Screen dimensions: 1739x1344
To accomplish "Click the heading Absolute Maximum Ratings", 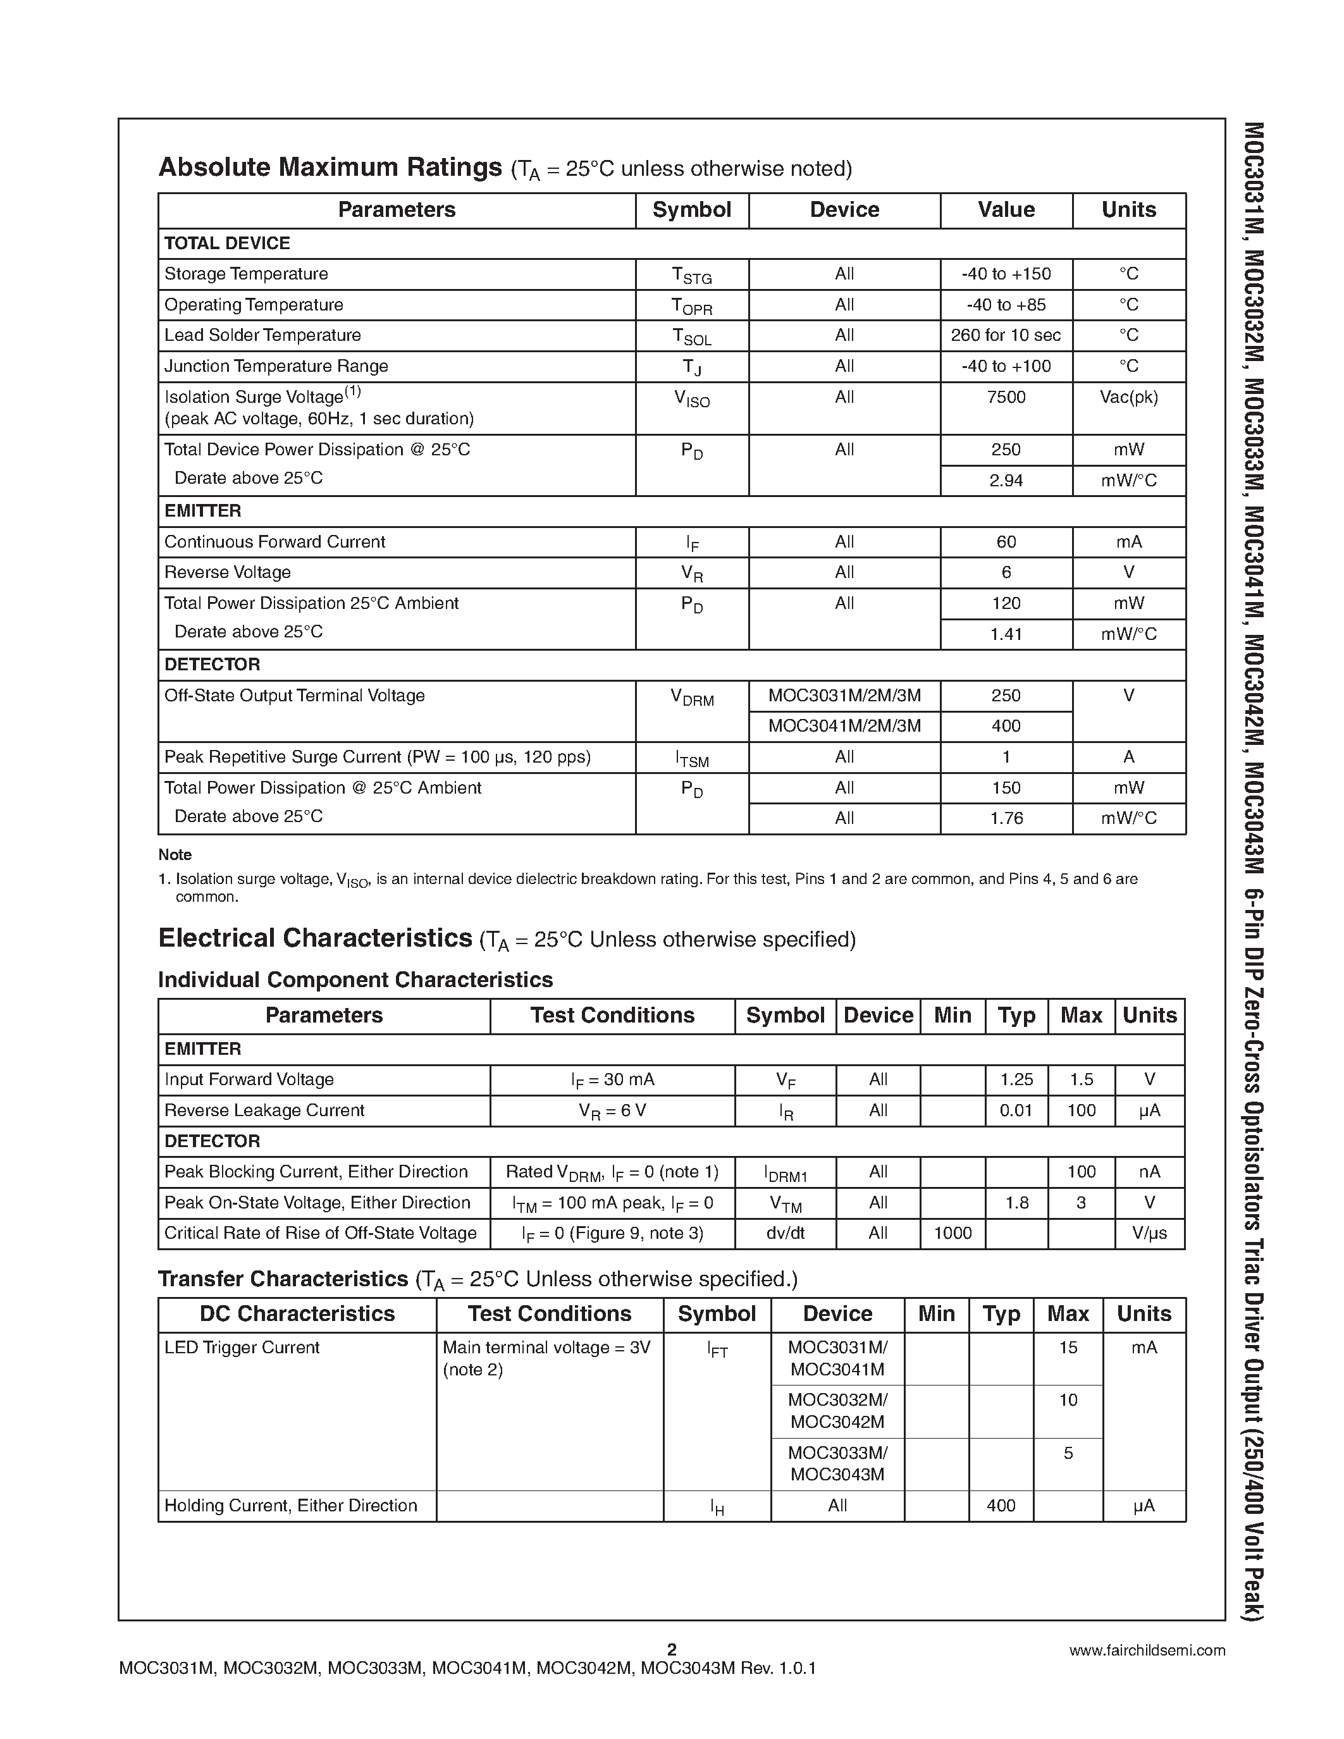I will pos(330,167).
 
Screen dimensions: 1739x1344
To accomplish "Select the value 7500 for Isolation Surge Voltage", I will pos(1006,397).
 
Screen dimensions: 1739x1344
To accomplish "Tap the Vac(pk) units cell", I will pos(1128,397).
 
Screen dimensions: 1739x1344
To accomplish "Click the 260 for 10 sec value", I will pos(1006,335).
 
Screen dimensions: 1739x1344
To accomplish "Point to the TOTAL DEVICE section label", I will pos(227,243).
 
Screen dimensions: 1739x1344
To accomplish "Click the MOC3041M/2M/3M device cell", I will pos(844,726).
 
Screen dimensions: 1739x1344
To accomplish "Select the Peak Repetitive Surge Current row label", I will pos(378,757).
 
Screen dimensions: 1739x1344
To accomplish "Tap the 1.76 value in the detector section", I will pos(1006,818).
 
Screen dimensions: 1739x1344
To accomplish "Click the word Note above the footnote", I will pos(175,855).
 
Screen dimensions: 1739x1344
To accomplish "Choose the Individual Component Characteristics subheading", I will pos(355,980).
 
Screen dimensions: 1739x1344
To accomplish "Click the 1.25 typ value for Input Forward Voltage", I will pos(1016,1079).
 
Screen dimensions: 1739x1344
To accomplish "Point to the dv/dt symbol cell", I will pos(785,1233).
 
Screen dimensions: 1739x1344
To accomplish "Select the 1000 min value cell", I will pos(953,1233).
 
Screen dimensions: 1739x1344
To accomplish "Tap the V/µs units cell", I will pos(1149,1233).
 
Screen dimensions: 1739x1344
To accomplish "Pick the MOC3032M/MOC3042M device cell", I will pos(837,1410).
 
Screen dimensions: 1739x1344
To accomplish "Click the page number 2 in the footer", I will pos(671,1649).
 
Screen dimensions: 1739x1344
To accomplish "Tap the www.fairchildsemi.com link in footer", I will pos(1147,1650).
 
